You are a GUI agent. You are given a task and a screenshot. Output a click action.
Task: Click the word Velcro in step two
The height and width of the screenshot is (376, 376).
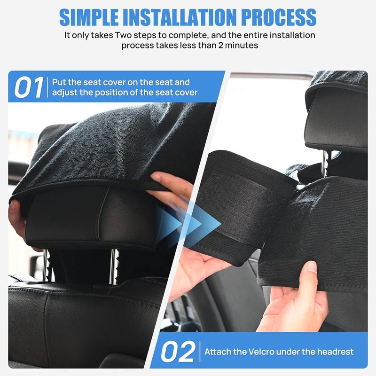point(265,352)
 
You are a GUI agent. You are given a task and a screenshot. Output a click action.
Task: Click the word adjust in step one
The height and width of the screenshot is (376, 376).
point(65,93)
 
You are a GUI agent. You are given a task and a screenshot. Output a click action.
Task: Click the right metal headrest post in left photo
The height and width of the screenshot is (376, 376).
point(114,266)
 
